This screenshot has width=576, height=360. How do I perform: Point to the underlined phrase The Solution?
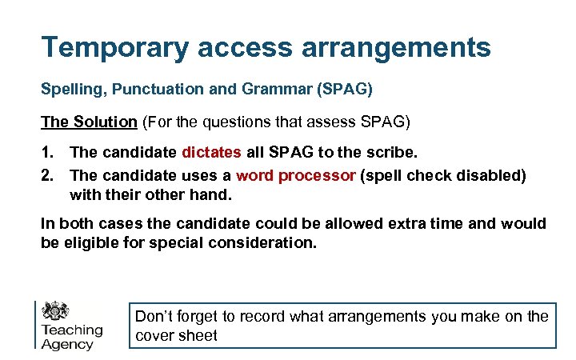pyautogui.click(x=89, y=122)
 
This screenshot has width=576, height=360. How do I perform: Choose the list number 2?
pyautogui.click(x=46, y=175)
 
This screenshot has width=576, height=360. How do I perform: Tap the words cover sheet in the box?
pyautogui.click(x=176, y=336)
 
